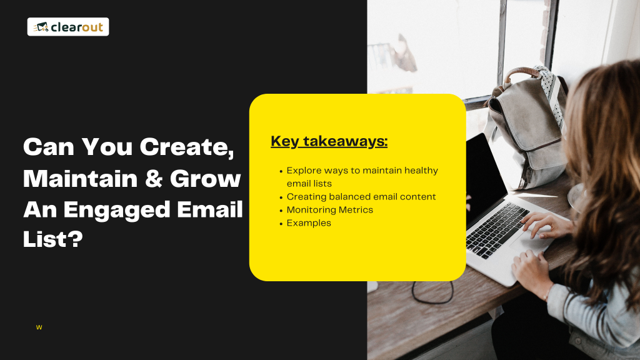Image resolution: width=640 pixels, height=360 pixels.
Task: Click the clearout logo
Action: click(68, 27)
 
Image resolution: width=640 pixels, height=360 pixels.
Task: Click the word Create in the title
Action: click(187, 147)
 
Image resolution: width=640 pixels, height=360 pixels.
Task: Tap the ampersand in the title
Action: click(154, 179)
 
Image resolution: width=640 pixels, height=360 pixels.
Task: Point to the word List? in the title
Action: click(53, 239)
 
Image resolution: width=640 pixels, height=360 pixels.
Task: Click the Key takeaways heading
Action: click(329, 141)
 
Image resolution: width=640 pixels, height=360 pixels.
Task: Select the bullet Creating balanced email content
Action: click(361, 197)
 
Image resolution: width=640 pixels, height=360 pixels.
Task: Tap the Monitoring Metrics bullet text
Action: click(330, 210)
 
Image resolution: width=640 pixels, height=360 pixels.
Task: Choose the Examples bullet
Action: click(309, 223)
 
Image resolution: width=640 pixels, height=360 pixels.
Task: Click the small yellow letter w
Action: click(39, 327)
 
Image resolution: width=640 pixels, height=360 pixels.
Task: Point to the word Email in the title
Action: click(210, 209)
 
